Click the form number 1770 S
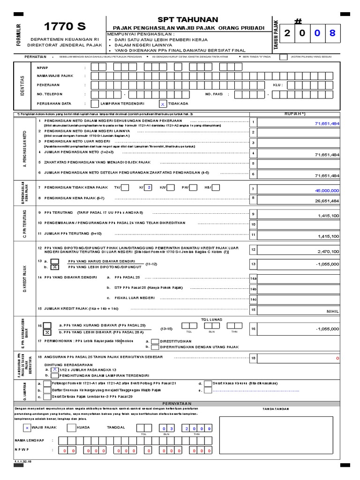coord(64,26)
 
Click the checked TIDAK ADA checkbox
coord(163,104)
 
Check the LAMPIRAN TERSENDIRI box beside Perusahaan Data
coord(95,104)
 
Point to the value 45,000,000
coord(327,190)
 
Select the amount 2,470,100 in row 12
coord(328,252)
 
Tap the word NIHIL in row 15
coord(332,311)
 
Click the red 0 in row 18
coord(337,359)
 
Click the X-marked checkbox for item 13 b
coord(55,267)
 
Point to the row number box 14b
coord(254,289)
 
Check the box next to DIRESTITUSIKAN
coord(155,341)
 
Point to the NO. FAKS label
coord(216,94)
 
